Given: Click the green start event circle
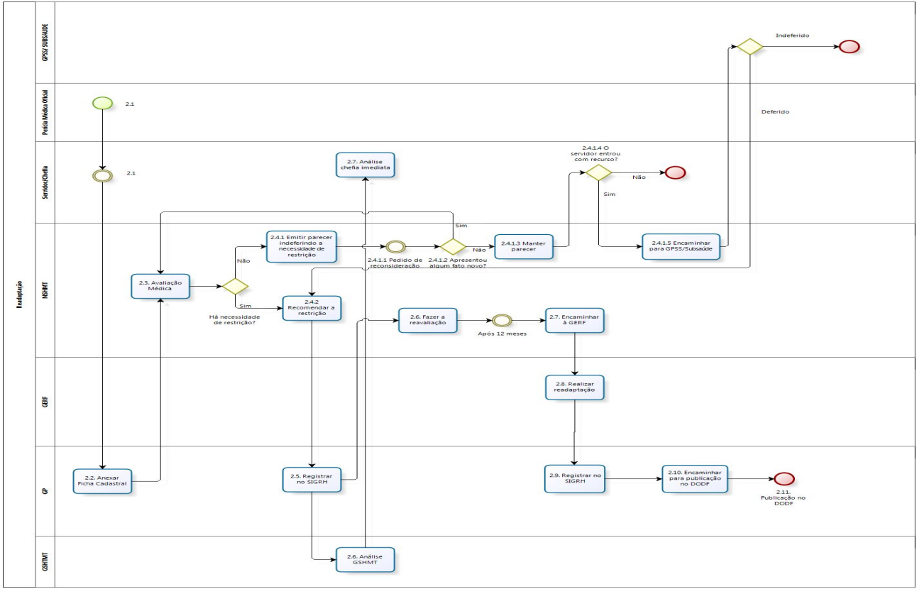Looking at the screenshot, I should coord(102,103).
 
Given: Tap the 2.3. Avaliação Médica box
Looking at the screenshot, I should coord(161,286).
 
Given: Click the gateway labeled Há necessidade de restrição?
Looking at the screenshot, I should coord(235,286).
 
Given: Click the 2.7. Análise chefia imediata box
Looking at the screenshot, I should coord(366,165).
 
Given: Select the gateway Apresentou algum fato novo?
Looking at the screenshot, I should coord(452,246).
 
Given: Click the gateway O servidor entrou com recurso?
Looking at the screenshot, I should coord(598,172).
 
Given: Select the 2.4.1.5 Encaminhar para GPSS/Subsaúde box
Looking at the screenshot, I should coord(681,246).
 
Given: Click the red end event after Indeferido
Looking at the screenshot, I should coord(849,47).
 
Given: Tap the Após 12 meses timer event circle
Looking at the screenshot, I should coord(502,321).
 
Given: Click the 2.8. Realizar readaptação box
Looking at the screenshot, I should coord(574,387).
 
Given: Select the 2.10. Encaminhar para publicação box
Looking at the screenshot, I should coord(695,478).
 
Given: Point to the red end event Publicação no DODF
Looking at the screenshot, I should coord(784,478).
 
